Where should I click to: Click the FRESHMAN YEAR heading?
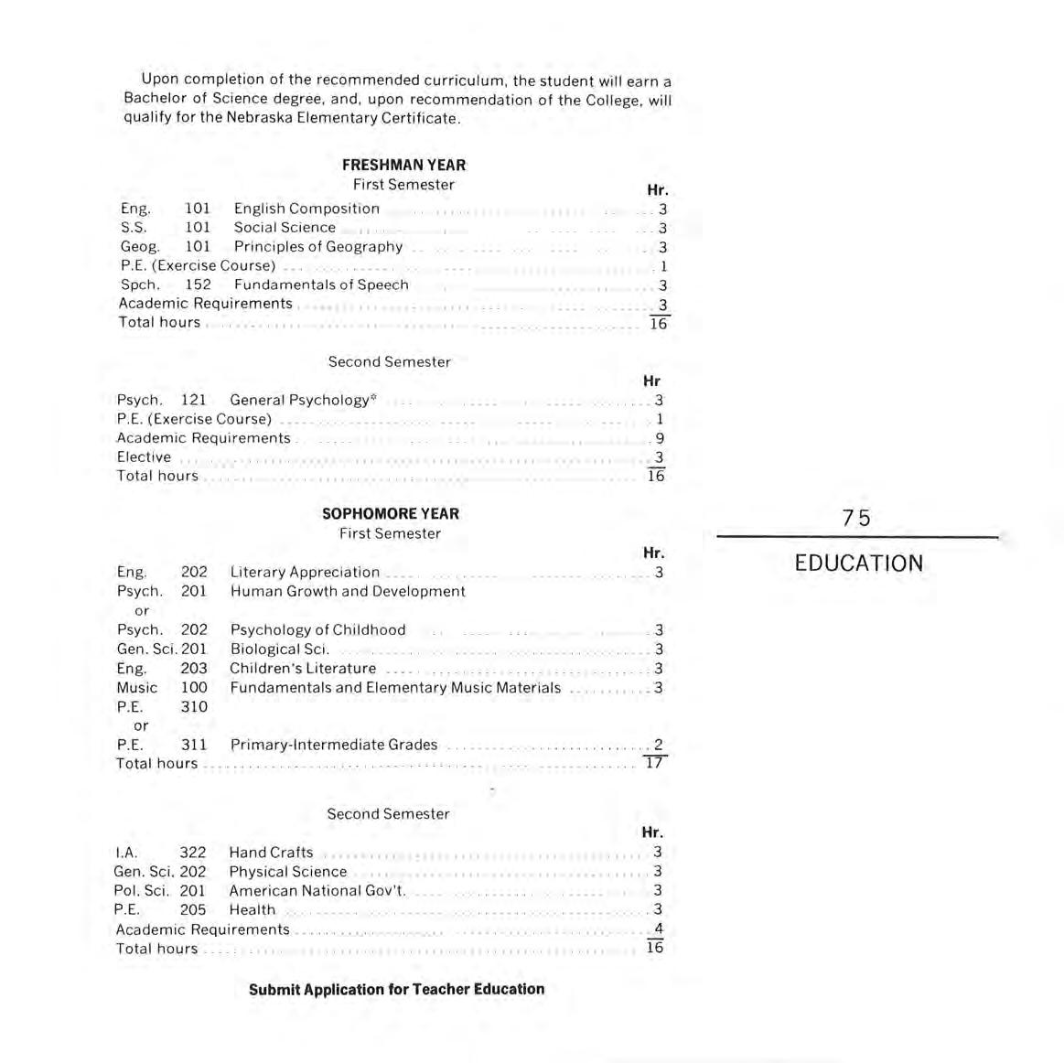click(403, 165)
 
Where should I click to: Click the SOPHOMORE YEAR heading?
click(391, 513)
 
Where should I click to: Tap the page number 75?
click(856, 518)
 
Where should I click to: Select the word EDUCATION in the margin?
click(858, 563)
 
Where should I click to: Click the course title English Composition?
click(306, 209)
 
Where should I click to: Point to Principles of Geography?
click(317, 246)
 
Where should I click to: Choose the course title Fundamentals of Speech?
click(321, 285)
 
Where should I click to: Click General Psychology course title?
click(300, 400)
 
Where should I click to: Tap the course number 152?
click(198, 285)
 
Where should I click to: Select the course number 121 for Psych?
click(194, 400)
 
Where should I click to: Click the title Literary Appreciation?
click(305, 572)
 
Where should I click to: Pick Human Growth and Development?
click(348, 591)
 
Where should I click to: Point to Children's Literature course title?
click(303, 668)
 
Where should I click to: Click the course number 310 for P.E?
click(194, 706)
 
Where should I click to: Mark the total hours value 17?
click(653, 762)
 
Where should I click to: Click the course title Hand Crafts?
click(271, 852)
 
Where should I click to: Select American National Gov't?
click(317, 890)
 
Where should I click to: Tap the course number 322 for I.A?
click(193, 852)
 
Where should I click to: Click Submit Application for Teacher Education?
click(396, 989)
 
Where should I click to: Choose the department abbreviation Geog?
click(139, 246)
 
